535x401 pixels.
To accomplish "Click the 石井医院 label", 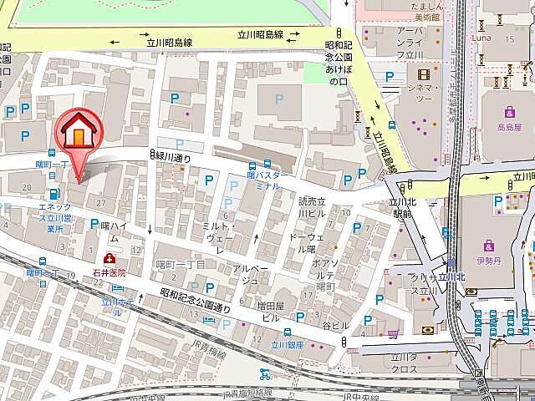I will pos(110,272).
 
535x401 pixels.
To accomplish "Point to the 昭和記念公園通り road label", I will pos(195,301).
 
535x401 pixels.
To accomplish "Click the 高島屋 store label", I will pos(508,128).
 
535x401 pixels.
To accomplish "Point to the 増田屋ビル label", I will pos(269,312).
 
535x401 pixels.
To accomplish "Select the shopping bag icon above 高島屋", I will pos(508,112).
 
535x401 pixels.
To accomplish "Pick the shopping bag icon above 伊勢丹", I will pos(489,245).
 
